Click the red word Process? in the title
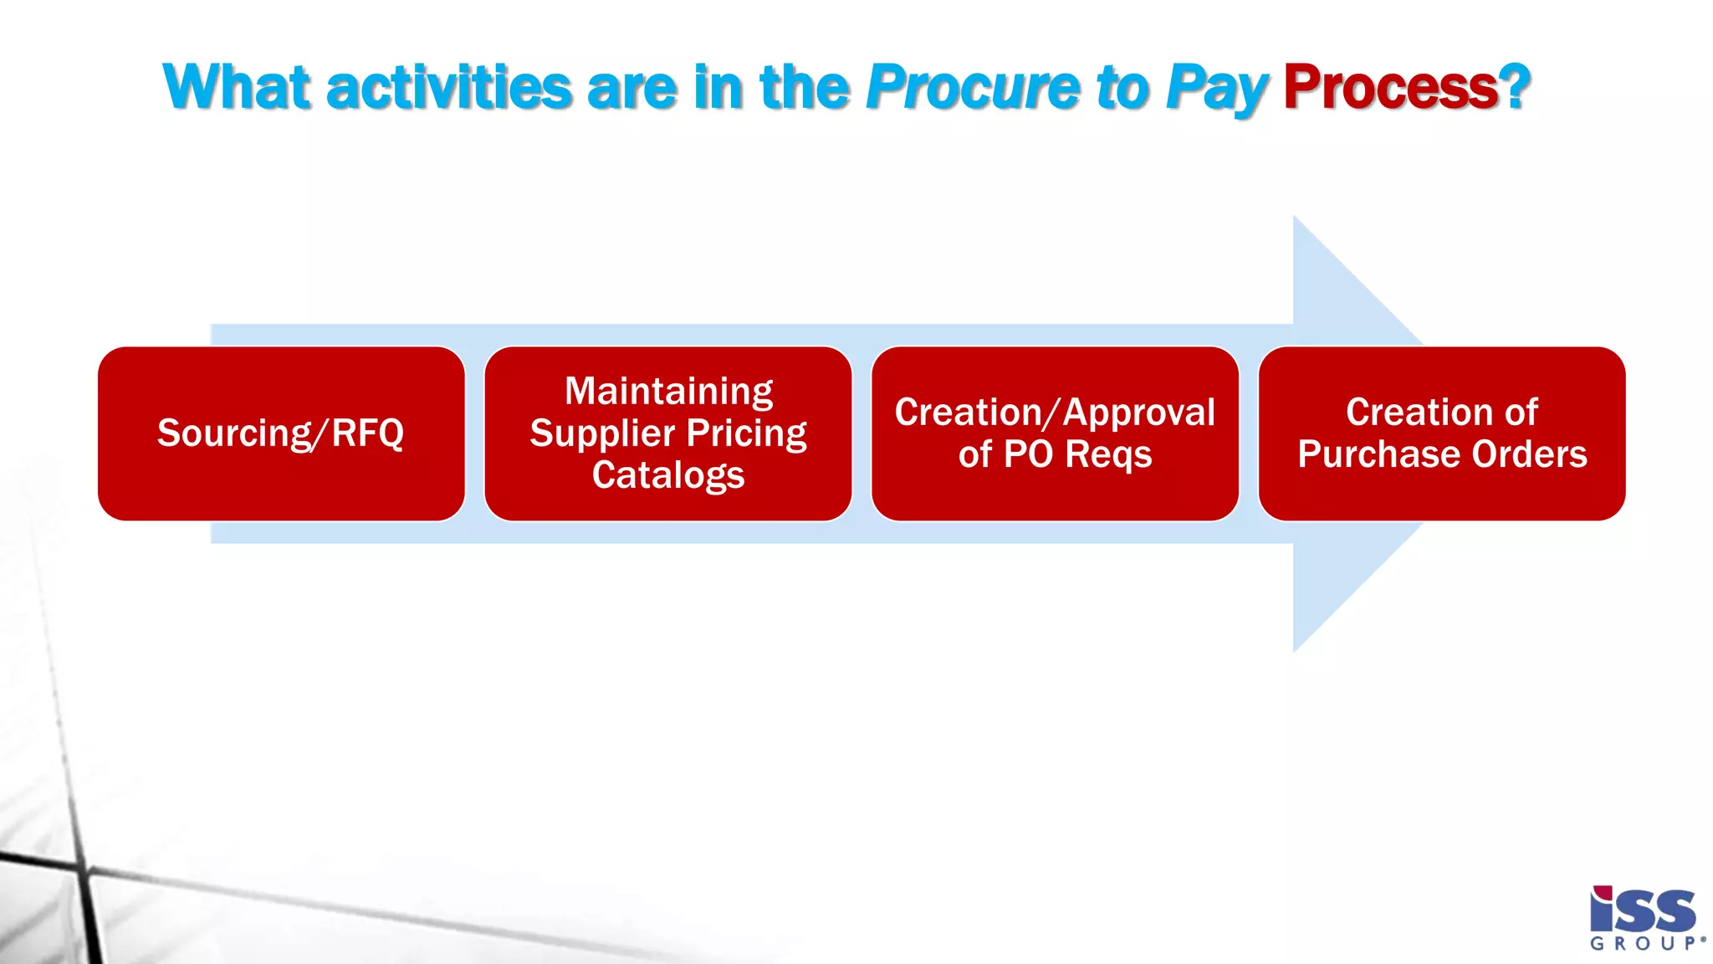pos(1406,87)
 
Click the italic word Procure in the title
pos(974,87)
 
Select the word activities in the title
pos(449,87)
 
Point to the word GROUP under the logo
pos(1643,944)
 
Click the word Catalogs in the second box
pos(667,475)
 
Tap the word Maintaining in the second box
pos(668,392)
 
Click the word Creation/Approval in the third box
pos(1055,413)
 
